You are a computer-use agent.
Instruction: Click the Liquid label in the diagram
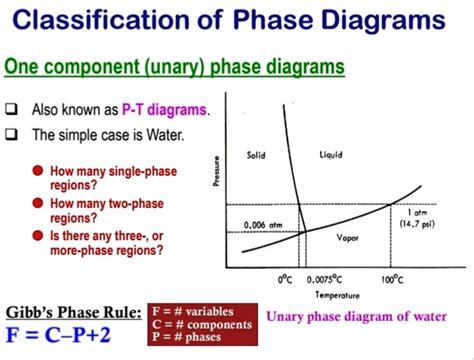331,154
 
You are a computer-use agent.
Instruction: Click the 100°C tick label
390,276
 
